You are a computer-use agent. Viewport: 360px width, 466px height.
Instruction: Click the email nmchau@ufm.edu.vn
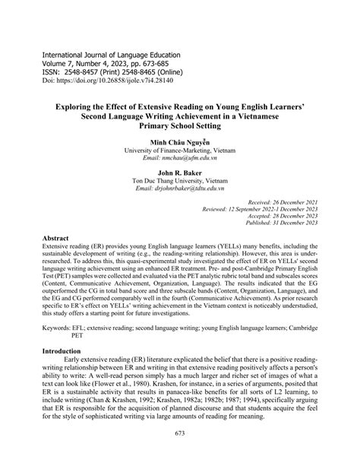click(x=180, y=159)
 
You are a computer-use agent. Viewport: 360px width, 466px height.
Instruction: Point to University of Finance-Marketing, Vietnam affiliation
click(x=180, y=151)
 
